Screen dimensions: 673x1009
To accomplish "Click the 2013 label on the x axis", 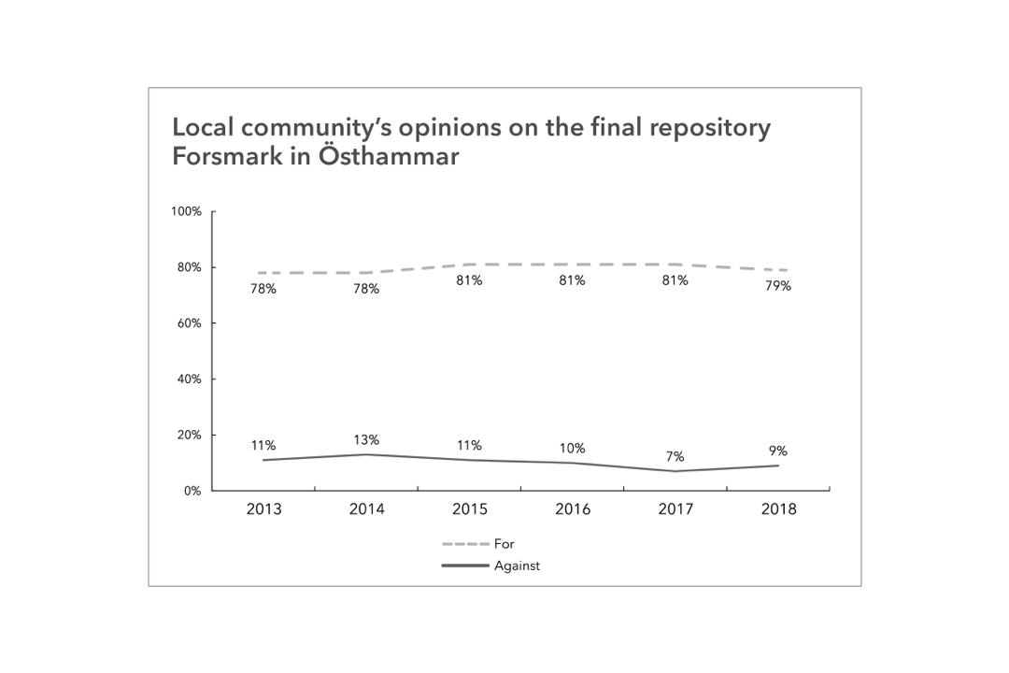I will click(x=263, y=509).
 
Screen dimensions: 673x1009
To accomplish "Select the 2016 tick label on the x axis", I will click(x=573, y=509).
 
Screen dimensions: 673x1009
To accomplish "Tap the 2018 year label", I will click(x=778, y=509).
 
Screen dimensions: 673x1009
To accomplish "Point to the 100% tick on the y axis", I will click(x=186, y=211).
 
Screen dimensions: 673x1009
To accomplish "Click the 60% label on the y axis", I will click(x=190, y=323).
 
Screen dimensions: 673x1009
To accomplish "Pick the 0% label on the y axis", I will click(x=192, y=491).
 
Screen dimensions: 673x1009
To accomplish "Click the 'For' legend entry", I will click(x=504, y=544).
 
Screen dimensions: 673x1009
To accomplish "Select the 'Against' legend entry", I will click(x=517, y=566).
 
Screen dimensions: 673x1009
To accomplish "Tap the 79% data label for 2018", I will click(x=777, y=286).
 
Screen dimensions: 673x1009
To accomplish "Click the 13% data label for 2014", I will click(x=366, y=440).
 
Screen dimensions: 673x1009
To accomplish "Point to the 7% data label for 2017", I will click(x=675, y=457).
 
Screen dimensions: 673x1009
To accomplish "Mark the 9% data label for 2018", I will click(x=777, y=451).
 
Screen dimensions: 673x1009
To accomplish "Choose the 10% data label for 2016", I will click(x=572, y=449).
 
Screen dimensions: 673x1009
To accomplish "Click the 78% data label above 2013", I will click(x=263, y=290).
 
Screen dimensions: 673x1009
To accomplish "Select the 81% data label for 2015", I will click(x=469, y=280).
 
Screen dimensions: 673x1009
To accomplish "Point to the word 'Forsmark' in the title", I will click(x=227, y=156).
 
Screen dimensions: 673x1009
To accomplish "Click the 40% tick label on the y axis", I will click(x=190, y=379).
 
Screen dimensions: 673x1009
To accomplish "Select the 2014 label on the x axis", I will click(x=366, y=509).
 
